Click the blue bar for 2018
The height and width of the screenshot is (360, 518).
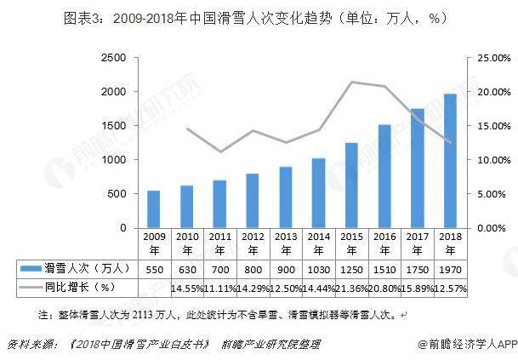tap(449, 161)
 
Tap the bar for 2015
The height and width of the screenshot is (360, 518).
tap(350, 186)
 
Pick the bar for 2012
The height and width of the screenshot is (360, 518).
tap(252, 201)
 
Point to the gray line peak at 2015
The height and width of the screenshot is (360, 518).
tap(350, 82)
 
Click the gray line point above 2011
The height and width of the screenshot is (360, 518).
tap(219, 151)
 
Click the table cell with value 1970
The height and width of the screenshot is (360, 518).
tap(449, 269)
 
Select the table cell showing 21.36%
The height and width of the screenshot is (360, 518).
tap(350, 289)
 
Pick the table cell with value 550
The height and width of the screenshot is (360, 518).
tap(153, 269)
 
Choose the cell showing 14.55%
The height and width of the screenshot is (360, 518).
tap(186, 289)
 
